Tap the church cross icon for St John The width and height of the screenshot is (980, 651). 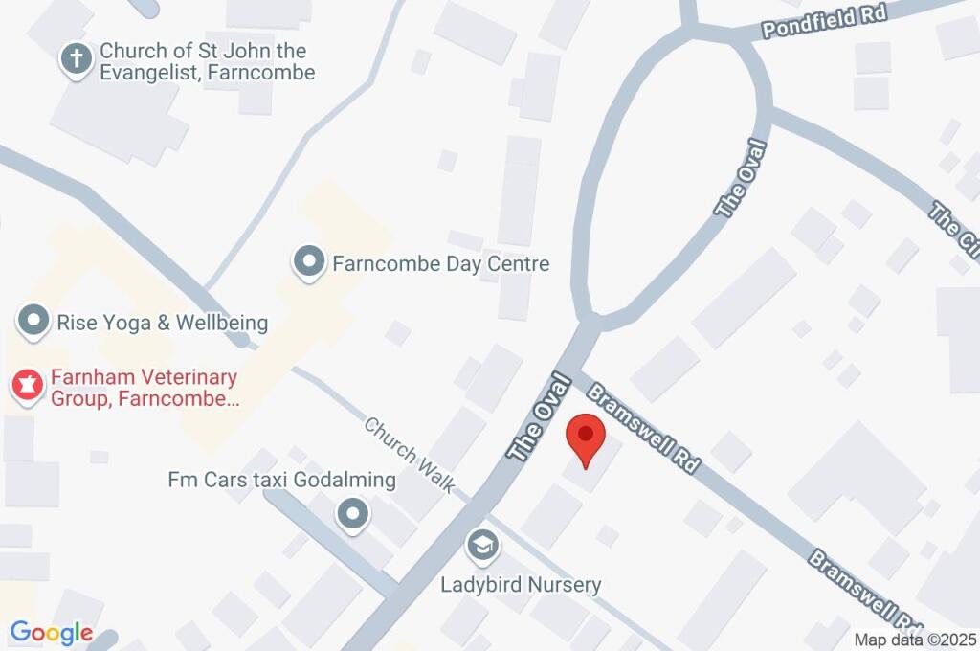click(x=75, y=59)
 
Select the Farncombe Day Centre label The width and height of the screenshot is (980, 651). click(x=440, y=263)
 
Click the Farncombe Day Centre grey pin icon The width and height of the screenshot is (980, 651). click(x=308, y=262)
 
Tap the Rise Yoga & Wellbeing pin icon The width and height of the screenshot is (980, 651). click(x=33, y=321)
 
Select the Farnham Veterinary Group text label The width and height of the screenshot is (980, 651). click(x=130, y=388)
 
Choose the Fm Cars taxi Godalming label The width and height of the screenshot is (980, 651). click(x=281, y=480)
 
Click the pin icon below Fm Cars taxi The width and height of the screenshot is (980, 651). click(x=354, y=515)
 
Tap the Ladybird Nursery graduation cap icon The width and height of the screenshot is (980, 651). click(x=482, y=547)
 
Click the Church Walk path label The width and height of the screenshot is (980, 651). click(x=410, y=455)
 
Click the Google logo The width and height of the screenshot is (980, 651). click(x=52, y=633)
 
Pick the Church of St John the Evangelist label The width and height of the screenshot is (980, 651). click(x=208, y=61)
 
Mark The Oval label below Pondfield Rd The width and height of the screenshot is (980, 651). click(x=743, y=179)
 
